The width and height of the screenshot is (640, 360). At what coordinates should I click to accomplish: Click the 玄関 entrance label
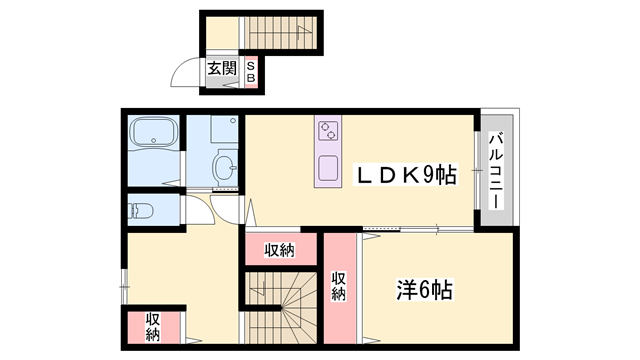(x=222, y=70)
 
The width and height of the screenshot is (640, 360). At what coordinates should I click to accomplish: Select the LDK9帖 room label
(x=407, y=176)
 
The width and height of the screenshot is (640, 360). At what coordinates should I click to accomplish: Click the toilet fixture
(x=140, y=211)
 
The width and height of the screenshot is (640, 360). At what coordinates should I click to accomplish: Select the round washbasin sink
(x=226, y=166)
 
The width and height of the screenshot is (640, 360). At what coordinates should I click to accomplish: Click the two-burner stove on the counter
(x=329, y=131)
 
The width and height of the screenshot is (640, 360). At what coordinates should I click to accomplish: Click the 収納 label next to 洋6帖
(x=339, y=286)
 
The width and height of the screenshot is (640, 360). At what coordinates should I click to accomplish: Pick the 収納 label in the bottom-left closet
(x=152, y=328)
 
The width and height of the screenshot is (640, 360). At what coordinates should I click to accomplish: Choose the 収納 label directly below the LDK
(x=279, y=250)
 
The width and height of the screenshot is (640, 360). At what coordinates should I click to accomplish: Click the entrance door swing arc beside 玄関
(x=185, y=73)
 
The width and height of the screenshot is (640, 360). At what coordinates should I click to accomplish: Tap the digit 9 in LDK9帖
(x=425, y=176)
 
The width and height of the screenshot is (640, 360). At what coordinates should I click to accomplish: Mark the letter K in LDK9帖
(x=404, y=176)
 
